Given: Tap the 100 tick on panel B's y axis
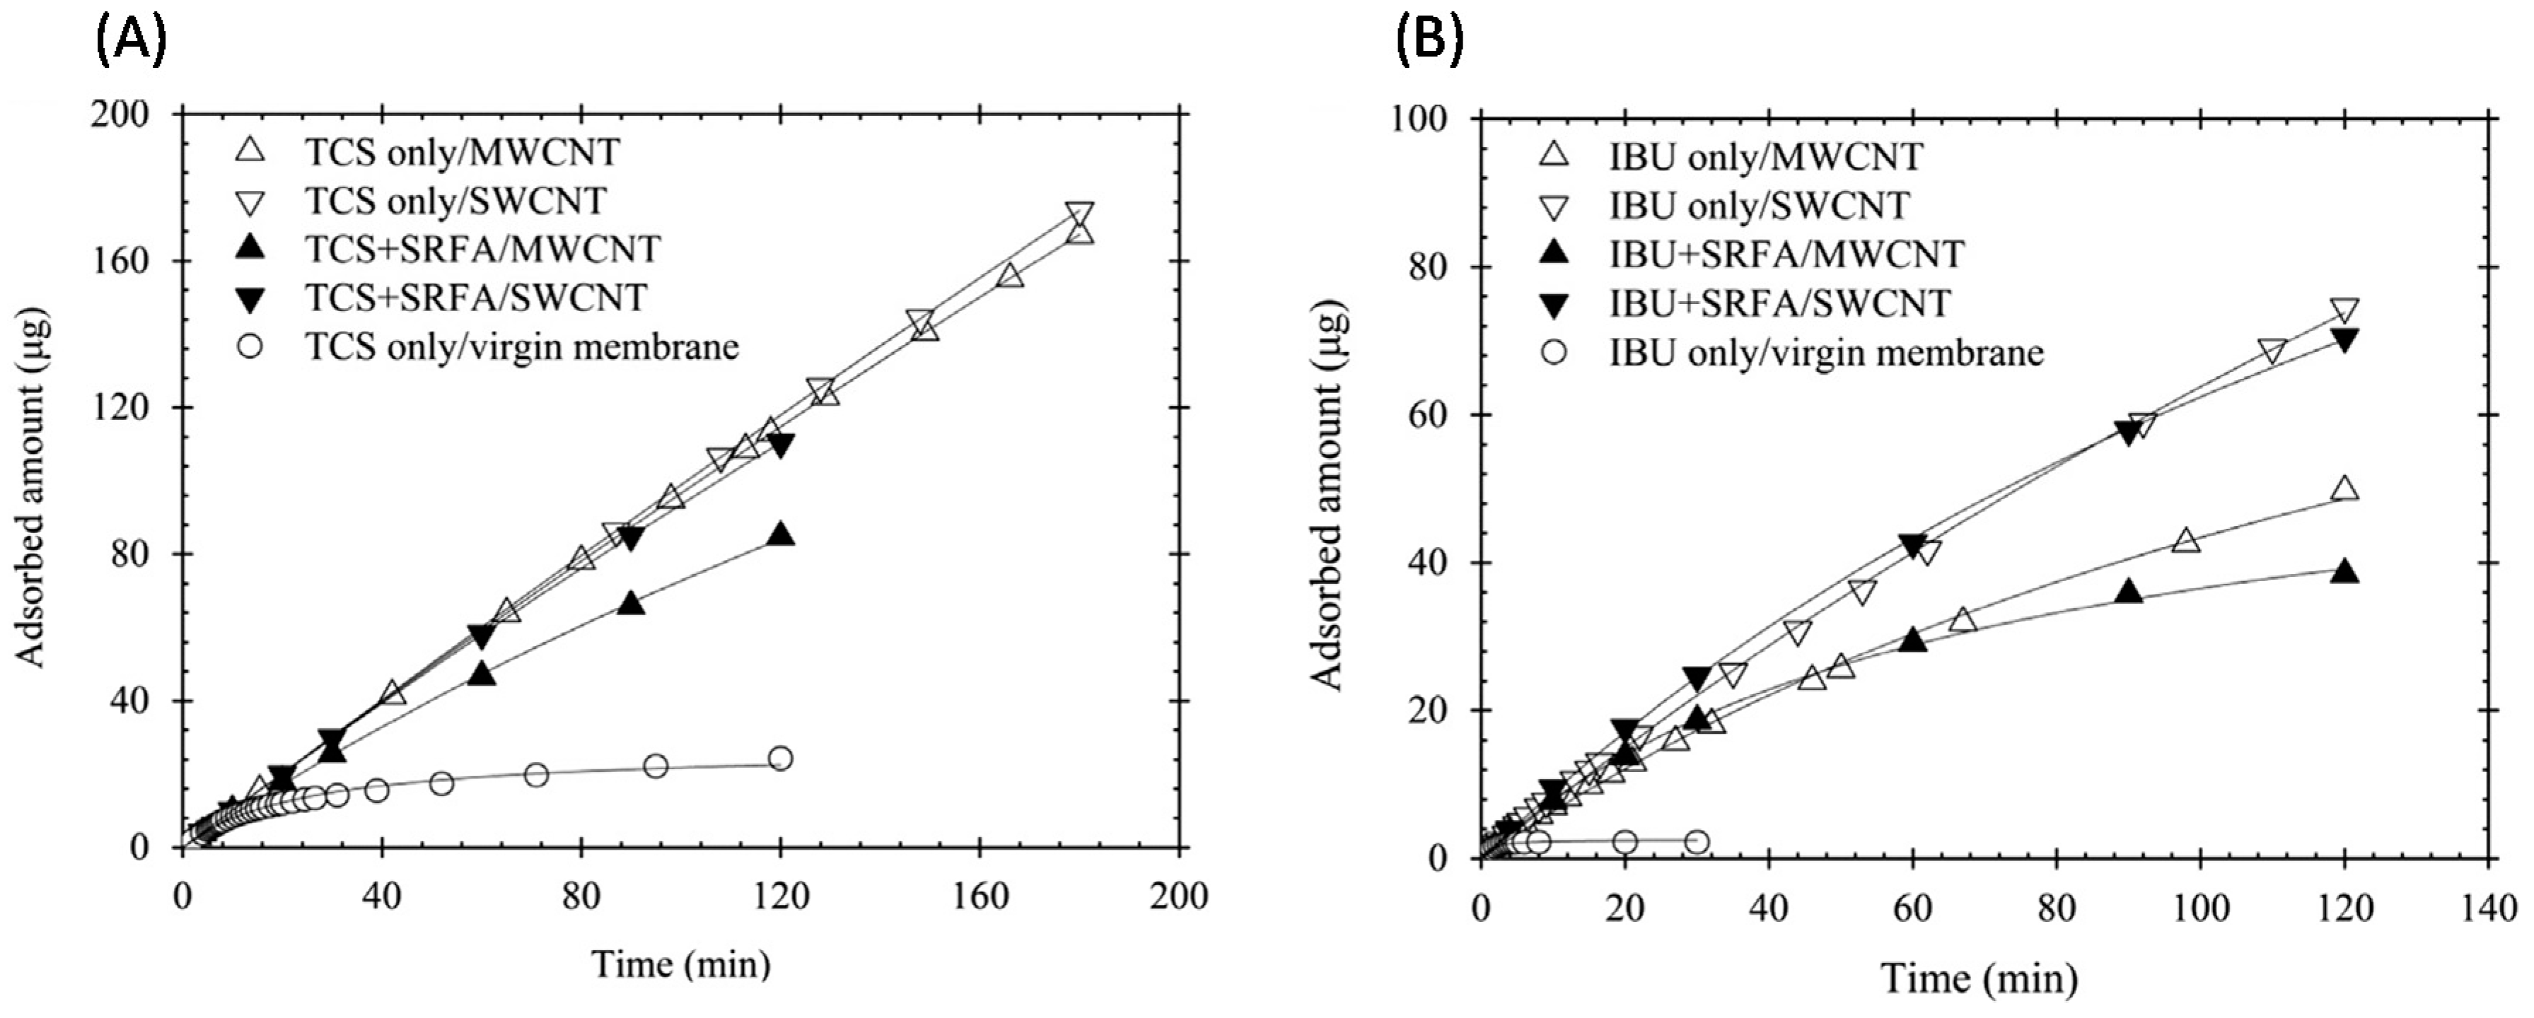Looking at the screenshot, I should (1431, 120).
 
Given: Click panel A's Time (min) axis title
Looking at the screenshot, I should (681, 964).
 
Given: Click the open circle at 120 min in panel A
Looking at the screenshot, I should (780, 759).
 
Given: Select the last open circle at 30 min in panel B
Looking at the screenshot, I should (1697, 842).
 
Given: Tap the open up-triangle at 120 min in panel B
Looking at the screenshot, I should (2345, 488).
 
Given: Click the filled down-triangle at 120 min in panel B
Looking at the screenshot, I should (2345, 340).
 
